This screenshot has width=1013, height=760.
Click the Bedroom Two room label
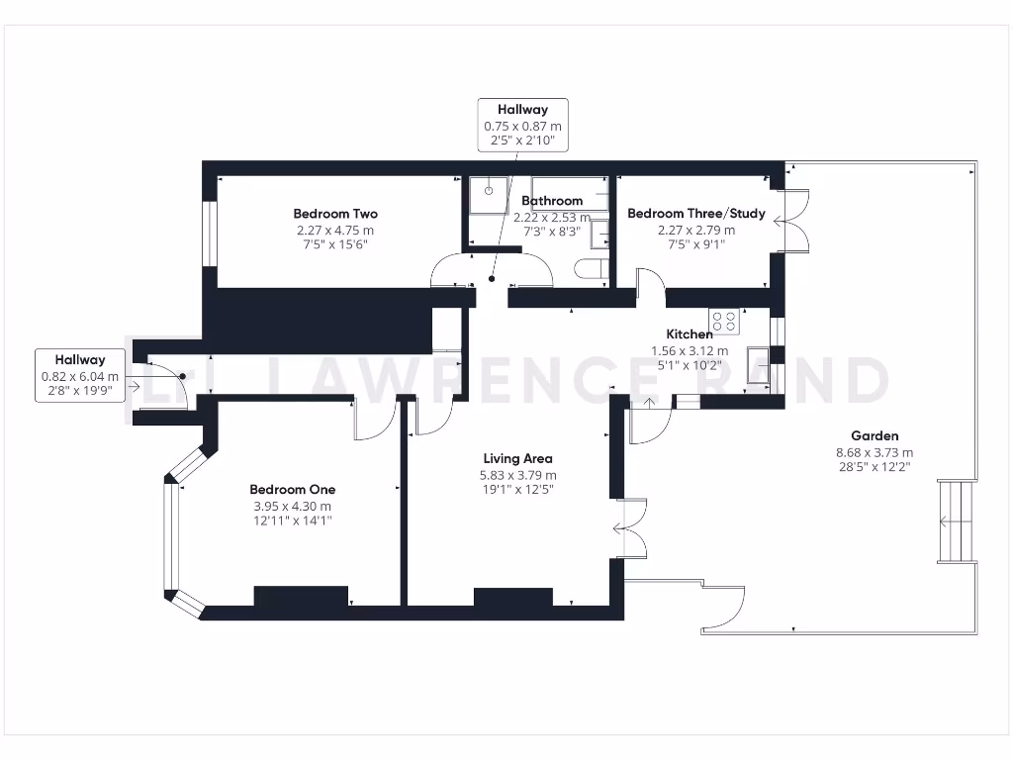(x=335, y=214)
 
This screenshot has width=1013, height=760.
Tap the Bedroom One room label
(x=292, y=489)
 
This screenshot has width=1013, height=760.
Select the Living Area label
(x=517, y=458)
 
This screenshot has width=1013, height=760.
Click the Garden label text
(x=875, y=435)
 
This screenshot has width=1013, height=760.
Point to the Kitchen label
(x=689, y=334)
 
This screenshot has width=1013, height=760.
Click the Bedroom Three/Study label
(x=695, y=214)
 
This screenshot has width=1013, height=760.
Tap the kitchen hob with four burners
(x=724, y=322)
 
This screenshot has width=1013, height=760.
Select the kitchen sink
(x=759, y=364)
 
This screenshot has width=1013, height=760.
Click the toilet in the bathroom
(x=592, y=269)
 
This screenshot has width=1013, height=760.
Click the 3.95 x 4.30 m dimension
(x=292, y=507)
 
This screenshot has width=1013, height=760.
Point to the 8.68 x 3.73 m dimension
(x=875, y=453)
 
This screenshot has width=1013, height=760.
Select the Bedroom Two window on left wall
(x=209, y=235)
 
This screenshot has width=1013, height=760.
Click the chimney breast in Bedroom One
(x=301, y=596)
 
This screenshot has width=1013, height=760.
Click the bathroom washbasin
(x=599, y=234)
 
